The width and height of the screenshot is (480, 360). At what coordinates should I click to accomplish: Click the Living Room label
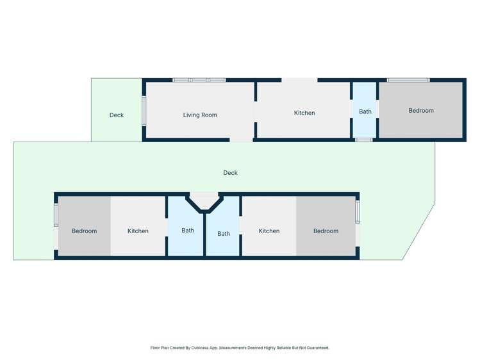(x=200, y=115)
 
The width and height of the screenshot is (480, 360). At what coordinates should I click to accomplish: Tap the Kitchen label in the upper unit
(x=304, y=113)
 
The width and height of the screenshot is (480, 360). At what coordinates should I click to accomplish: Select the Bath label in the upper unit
(x=365, y=111)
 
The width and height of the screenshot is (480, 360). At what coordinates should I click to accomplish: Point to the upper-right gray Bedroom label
(x=421, y=110)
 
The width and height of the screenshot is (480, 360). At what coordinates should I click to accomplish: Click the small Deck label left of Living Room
(x=117, y=115)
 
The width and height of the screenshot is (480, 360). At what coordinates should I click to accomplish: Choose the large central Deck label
(x=230, y=172)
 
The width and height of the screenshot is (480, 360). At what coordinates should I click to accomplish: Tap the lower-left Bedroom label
(x=84, y=231)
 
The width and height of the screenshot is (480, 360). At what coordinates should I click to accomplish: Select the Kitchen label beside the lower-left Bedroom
(x=138, y=231)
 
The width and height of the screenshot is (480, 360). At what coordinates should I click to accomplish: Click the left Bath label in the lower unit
(x=188, y=230)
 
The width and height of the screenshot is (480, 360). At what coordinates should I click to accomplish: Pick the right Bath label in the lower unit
(x=224, y=234)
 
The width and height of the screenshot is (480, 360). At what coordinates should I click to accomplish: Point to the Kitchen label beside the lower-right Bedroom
(x=269, y=231)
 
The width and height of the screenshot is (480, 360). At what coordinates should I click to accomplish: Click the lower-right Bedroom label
(x=326, y=231)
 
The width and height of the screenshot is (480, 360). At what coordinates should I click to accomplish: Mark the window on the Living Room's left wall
(x=144, y=110)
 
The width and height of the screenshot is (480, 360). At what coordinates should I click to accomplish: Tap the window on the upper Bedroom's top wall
(x=408, y=80)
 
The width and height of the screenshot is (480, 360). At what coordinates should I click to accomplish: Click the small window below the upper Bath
(x=364, y=140)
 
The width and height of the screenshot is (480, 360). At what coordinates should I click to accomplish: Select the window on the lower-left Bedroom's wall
(x=56, y=214)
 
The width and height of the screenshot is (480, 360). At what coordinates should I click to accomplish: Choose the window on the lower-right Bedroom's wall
(x=358, y=212)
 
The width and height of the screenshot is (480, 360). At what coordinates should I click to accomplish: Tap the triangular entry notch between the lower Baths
(x=204, y=200)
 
